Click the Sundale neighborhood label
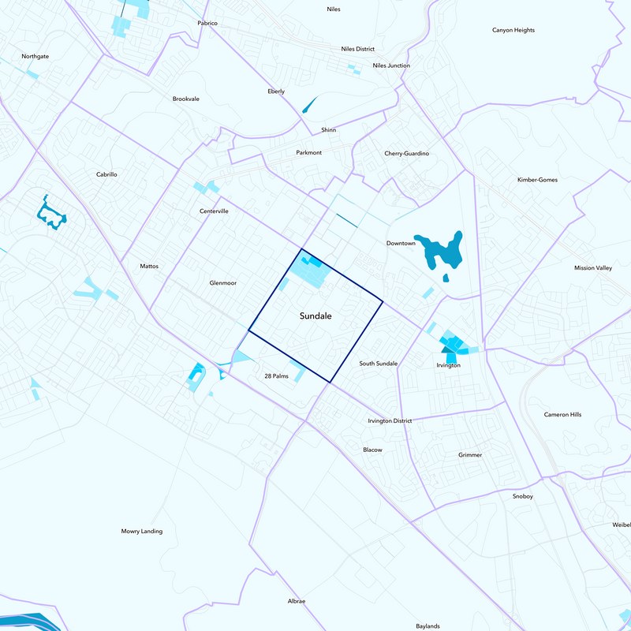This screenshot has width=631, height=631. (315, 315)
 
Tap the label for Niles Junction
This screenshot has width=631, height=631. (391, 65)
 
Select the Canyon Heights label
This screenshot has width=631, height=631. (513, 30)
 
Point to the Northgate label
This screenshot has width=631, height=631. (35, 57)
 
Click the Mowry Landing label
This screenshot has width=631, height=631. (142, 531)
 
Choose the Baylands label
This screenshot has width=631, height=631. (428, 626)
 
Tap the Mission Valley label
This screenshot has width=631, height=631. (593, 268)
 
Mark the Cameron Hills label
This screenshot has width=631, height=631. (562, 414)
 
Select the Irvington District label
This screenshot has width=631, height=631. (390, 420)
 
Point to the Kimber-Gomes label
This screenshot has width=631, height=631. (537, 180)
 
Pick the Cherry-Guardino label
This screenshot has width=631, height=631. (406, 153)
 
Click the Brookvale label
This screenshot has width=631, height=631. (186, 99)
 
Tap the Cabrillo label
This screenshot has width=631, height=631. (106, 174)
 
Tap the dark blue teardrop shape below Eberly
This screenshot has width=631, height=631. (308, 104)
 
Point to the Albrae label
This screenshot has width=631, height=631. (297, 601)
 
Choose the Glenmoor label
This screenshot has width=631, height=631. (223, 282)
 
